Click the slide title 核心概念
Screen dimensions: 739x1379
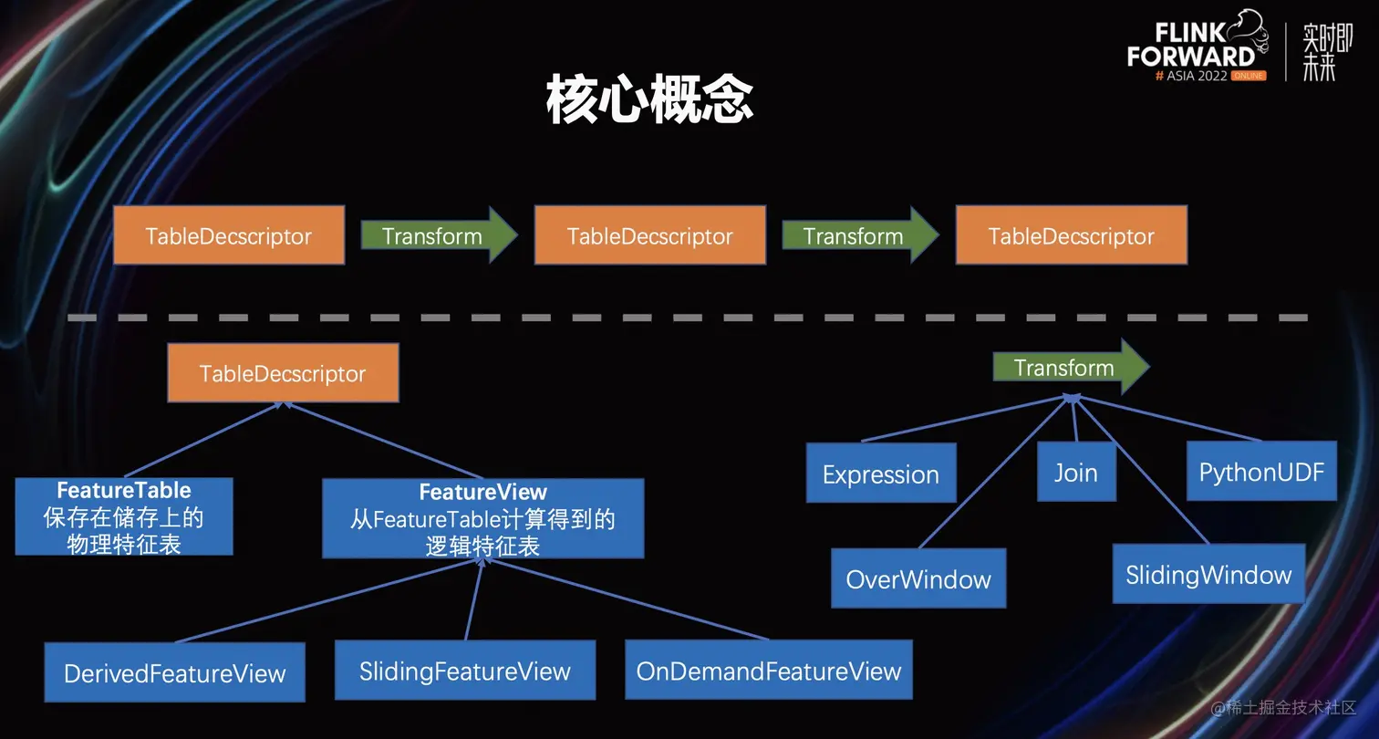point(649,99)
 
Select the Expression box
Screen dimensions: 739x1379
point(880,474)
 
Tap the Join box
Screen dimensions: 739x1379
point(1075,473)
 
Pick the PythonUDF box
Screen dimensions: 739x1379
point(1260,472)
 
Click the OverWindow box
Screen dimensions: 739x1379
point(918,578)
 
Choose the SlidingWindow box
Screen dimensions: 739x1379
point(1208,574)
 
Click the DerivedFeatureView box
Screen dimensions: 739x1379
point(174,673)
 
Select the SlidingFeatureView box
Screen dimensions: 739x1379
point(464,671)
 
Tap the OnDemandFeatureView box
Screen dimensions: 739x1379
point(768,671)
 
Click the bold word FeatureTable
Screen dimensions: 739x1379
point(123,490)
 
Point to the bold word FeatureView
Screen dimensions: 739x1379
point(482,493)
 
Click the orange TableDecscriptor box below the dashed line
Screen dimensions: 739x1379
point(283,373)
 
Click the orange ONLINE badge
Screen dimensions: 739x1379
point(1248,76)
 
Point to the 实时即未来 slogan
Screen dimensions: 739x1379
point(1326,51)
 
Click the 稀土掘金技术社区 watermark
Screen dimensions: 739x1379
point(1284,707)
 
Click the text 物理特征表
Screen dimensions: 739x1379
point(123,544)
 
